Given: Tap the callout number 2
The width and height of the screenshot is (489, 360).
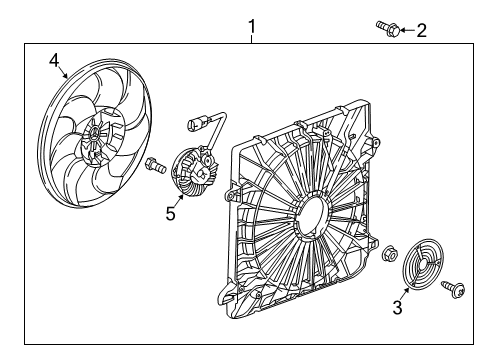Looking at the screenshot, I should point(421,30).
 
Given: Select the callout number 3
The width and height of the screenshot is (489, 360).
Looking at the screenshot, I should point(397,308).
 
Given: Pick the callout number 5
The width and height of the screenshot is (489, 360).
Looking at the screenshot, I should point(171,212).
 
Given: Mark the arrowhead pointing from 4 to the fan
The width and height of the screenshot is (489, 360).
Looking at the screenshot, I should point(66,77).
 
